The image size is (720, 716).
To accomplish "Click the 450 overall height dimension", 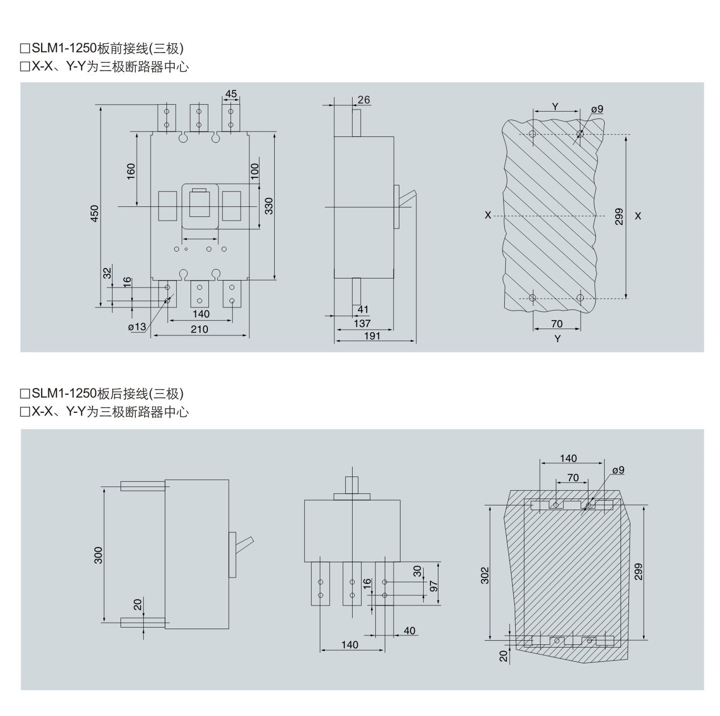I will (x=95, y=213).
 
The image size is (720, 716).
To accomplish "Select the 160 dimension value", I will (x=131, y=171).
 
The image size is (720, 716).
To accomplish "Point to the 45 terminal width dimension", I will (x=231, y=94).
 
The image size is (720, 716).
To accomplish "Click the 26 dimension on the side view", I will (x=364, y=100).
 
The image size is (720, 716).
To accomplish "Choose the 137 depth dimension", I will (x=362, y=323).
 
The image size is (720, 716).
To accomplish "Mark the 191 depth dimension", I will (x=372, y=336).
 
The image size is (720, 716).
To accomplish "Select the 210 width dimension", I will (x=199, y=329).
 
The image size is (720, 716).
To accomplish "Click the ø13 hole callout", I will (x=137, y=327).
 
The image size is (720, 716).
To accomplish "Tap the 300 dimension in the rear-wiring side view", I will (x=98, y=555).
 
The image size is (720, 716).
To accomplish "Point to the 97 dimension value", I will (x=434, y=585).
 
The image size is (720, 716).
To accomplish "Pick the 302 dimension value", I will (x=485, y=575).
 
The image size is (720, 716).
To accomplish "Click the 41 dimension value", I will (x=363, y=310).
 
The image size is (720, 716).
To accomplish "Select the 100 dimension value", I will (x=255, y=171).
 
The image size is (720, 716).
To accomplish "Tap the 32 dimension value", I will (x=107, y=273).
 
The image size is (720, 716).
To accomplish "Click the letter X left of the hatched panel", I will (x=488, y=215).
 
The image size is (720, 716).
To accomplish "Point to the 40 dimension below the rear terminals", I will (x=409, y=631).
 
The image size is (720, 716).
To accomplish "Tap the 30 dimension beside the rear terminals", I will (x=417, y=571).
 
